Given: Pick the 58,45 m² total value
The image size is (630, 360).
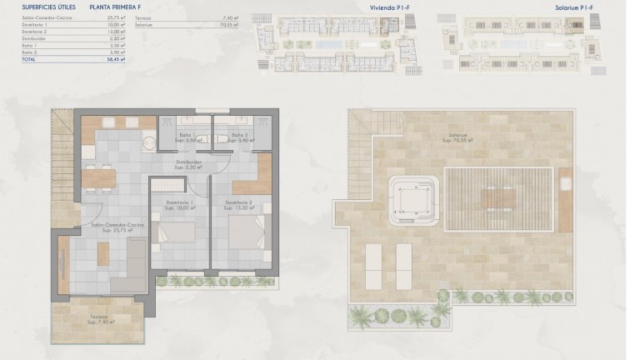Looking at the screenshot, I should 116,60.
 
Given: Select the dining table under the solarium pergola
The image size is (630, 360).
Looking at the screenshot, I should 498,198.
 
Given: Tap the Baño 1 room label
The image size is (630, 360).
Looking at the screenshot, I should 187,135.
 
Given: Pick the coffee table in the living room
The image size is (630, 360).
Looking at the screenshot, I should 103,254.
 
